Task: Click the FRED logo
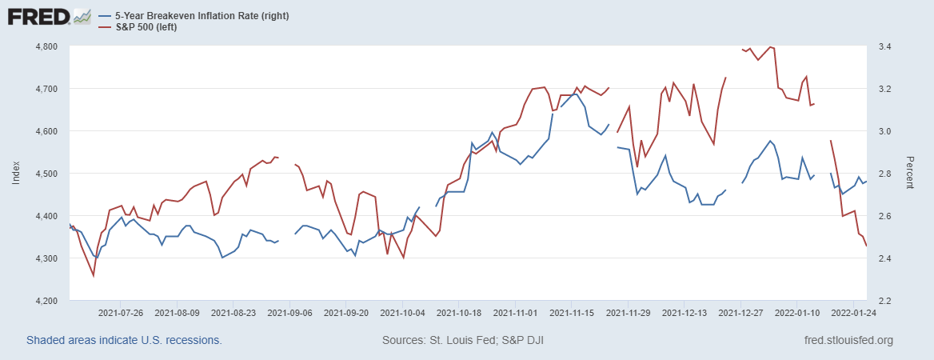click(x=49, y=17)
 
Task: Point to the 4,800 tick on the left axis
click(x=46, y=46)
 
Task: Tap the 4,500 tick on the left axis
click(x=46, y=174)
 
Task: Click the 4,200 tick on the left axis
click(x=46, y=301)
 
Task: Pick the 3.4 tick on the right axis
click(x=882, y=46)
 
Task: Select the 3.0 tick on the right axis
click(x=882, y=131)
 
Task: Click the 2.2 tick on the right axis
click(x=882, y=301)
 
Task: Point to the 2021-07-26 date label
click(x=120, y=313)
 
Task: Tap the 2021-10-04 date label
click(x=404, y=313)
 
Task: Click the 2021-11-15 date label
click(x=573, y=313)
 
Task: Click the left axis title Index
click(x=16, y=174)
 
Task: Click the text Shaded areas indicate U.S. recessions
click(x=124, y=341)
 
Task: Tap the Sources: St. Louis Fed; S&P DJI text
click(x=464, y=341)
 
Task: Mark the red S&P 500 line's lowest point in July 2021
click(x=94, y=276)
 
